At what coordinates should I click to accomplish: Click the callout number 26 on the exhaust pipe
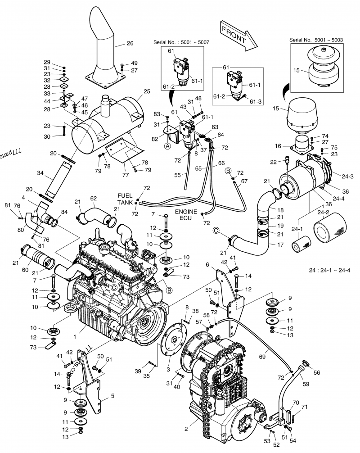pyautogui.click(x=130, y=44)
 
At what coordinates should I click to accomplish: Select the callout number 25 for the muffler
pyautogui.click(x=146, y=92)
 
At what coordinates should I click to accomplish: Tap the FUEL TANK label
pyautogui.click(x=125, y=199)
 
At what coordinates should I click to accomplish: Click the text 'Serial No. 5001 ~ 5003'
pyautogui.click(x=316, y=40)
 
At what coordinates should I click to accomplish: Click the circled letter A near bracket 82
pyautogui.click(x=167, y=146)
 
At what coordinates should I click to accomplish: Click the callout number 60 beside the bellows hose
pyautogui.click(x=25, y=270)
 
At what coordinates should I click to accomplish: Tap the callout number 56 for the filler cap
pyautogui.click(x=317, y=373)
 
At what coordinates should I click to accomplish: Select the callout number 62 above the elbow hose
pyautogui.click(x=93, y=198)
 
